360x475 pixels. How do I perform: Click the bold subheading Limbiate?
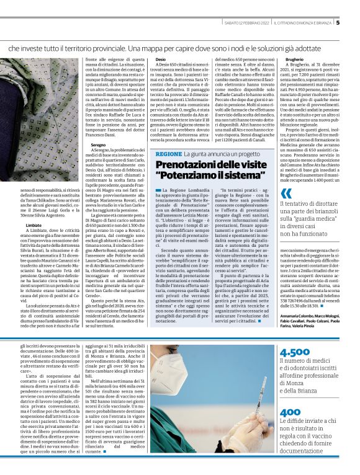coord(34,225)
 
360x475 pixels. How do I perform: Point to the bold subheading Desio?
coord(160,60)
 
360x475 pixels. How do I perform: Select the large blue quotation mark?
coord(286,194)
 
